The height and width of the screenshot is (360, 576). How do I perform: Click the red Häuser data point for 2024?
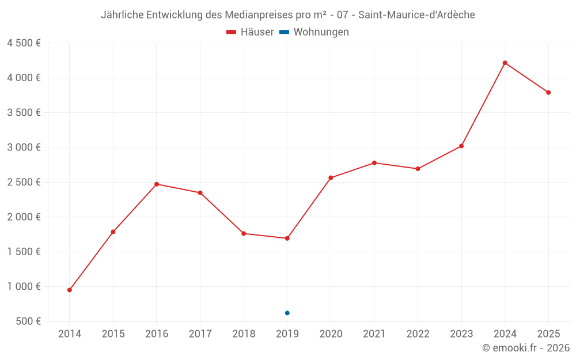tap(505, 63)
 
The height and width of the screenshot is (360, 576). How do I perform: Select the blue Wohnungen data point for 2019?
tap(287, 313)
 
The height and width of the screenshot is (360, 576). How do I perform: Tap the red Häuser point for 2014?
tap(70, 290)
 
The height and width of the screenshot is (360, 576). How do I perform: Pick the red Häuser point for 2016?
tap(157, 184)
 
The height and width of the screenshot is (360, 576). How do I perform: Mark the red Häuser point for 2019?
tap(287, 238)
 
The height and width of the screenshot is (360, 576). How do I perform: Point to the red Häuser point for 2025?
tap(548, 92)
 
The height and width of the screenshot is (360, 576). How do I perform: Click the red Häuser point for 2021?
tap(374, 163)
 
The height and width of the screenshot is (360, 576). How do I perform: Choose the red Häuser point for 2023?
tap(461, 146)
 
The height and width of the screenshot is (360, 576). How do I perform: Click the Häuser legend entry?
tap(250, 32)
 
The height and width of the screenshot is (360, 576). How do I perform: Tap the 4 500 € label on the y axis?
tap(24, 43)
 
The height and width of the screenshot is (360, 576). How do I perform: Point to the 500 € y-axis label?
tap(28, 321)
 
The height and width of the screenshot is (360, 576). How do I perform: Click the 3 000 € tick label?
tap(24, 147)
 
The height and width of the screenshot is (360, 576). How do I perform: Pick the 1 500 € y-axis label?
tap(24, 252)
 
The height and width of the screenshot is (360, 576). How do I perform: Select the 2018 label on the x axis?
tap(244, 334)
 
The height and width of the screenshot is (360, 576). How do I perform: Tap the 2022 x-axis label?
tap(418, 334)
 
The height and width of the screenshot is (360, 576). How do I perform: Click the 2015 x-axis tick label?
tap(113, 334)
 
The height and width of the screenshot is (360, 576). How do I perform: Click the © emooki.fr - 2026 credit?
tap(525, 348)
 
